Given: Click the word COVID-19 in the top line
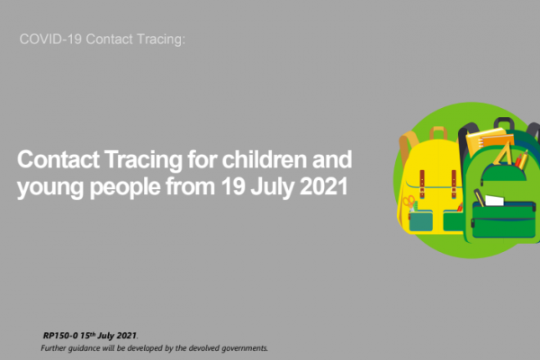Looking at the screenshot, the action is pos(50,40).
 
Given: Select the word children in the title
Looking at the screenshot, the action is pos(265,159).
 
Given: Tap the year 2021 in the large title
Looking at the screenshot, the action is pos(324,186).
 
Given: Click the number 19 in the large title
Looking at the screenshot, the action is pos(233,186).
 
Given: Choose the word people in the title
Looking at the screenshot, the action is pos(125,188).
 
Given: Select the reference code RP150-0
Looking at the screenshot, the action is pos(60,336).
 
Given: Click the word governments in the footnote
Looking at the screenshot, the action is pos(245,348).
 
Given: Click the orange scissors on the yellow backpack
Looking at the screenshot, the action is pos(409,202).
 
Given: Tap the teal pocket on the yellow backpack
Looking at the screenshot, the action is pos(421,220).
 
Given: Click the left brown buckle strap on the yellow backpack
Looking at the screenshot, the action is pos(422,184).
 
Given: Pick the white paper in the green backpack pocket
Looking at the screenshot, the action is pos(494,200).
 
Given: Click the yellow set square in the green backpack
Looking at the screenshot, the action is pos(503,154).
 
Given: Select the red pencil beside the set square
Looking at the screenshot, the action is pos(518,160).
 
